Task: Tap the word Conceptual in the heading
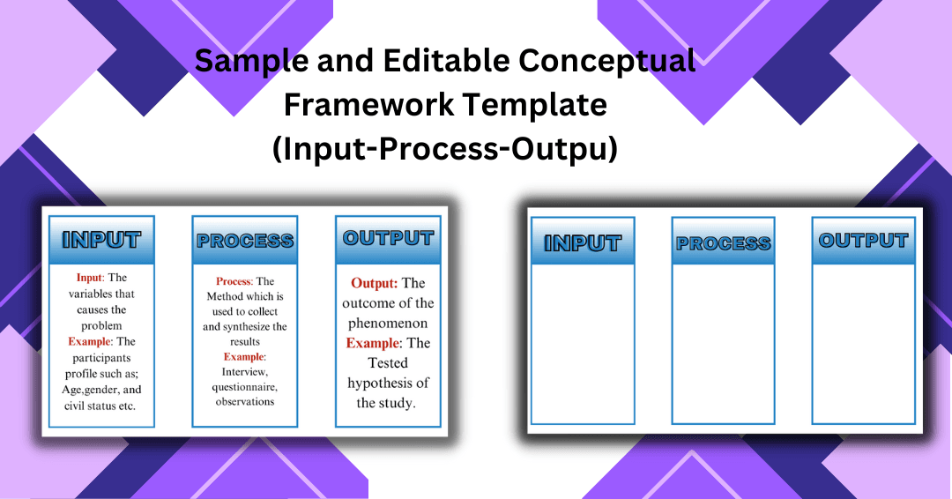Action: click(606, 62)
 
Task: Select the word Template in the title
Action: click(527, 105)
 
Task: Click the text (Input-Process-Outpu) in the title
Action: click(445, 149)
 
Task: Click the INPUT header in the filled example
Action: click(101, 241)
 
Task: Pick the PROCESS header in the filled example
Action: click(245, 241)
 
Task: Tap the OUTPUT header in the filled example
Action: click(388, 239)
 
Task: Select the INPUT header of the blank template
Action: click(583, 242)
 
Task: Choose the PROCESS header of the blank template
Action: click(723, 242)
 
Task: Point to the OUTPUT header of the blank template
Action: click(863, 241)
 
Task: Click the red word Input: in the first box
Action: click(91, 278)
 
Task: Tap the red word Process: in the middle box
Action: click(234, 281)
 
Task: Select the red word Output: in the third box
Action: click(375, 283)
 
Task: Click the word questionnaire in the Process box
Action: click(245, 387)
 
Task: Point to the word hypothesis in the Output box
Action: click(380, 384)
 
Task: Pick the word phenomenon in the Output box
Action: click(388, 324)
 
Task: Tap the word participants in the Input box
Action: click(101, 358)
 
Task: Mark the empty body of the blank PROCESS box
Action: click(723, 344)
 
